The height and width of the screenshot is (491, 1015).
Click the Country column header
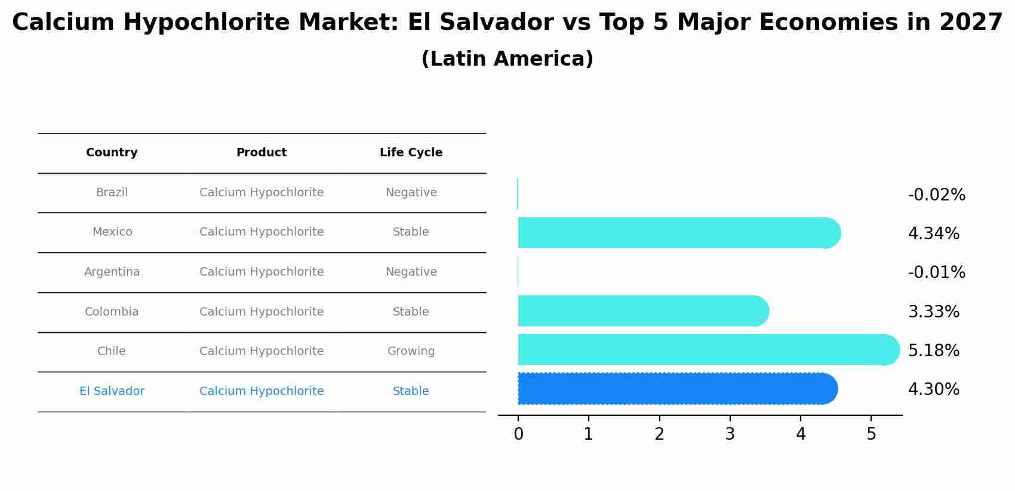[x=112, y=153]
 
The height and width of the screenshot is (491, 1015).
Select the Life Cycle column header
[x=411, y=153]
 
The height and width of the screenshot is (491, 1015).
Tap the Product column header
[x=262, y=153]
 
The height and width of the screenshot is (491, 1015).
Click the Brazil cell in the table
[x=112, y=193]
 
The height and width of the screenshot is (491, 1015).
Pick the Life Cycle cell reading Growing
[x=411, y=351]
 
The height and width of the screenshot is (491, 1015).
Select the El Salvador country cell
[x=112, y=391]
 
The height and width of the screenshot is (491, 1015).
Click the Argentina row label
[x=112, y=272]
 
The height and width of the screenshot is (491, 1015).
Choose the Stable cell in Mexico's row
[x=411, y=232]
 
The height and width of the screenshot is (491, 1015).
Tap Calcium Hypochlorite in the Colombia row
[x=262, y=312]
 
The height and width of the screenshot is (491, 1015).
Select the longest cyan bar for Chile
[x=705, y=350]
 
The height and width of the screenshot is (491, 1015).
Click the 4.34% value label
[x=933, y=234]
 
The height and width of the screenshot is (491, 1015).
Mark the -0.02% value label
[x=936, y=195]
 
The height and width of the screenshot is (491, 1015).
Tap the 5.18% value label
[x=933, y=351]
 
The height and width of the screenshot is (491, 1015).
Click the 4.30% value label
[x=933, y=390]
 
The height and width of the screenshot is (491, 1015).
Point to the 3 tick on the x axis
[x=730, y=434]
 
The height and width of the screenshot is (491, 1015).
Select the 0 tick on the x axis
[x=518, y=434]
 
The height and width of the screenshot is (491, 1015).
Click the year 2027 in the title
[x=971, y=23]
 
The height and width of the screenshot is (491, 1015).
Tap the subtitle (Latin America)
[x=507, y=59]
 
